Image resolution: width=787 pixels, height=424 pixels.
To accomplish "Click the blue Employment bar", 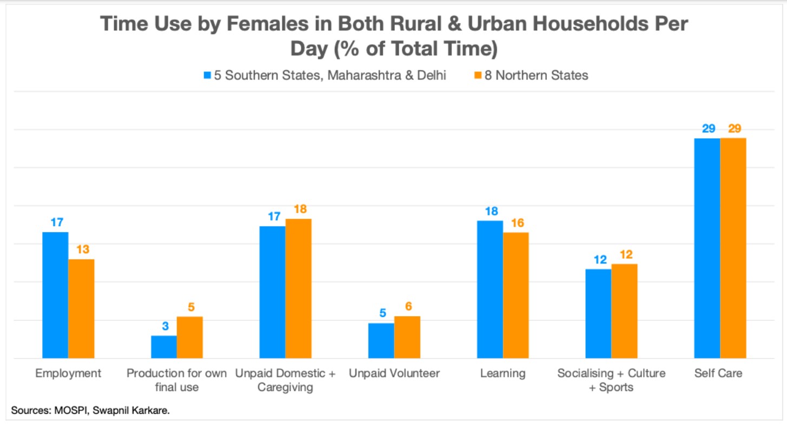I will [x=55, y=295].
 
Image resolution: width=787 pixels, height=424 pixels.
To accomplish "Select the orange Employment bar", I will [x=81, y=308].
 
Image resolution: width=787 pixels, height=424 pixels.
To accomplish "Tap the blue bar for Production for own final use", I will [x=164, y=347].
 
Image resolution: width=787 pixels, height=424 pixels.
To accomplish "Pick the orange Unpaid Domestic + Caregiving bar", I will [x=299, y=288].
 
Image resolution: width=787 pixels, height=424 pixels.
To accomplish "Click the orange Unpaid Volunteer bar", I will [x=407, y=337].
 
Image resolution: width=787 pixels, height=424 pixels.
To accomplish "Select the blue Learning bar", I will [x=490, y=289].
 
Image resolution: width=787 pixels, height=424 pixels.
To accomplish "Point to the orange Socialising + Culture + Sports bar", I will [x=624, y=311].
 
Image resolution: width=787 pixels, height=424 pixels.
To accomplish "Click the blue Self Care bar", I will [x=707, y=248].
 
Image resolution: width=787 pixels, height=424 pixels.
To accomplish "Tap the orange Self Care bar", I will [x=733, y=248].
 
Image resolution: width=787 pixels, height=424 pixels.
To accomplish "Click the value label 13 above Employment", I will [x=83, y=250].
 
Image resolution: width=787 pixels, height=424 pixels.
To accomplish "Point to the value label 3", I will [x=165, y=326].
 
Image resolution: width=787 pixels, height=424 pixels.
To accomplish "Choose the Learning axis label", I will [x=502, y=373].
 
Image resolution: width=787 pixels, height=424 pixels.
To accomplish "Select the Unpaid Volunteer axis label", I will [x=394, y=373].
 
